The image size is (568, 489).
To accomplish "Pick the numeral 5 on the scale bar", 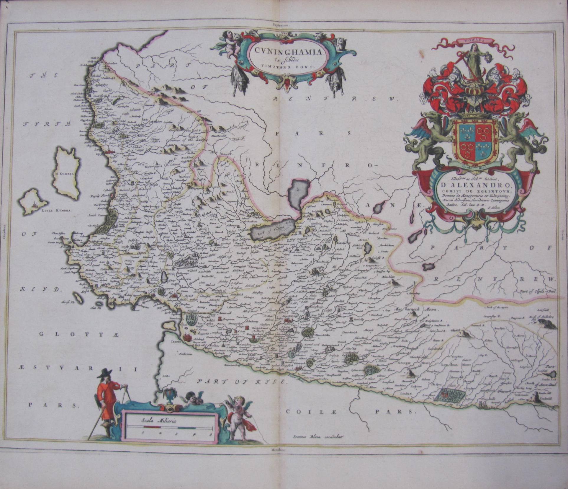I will [210, 434].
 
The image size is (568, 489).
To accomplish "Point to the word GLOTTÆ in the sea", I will [79, 334].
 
